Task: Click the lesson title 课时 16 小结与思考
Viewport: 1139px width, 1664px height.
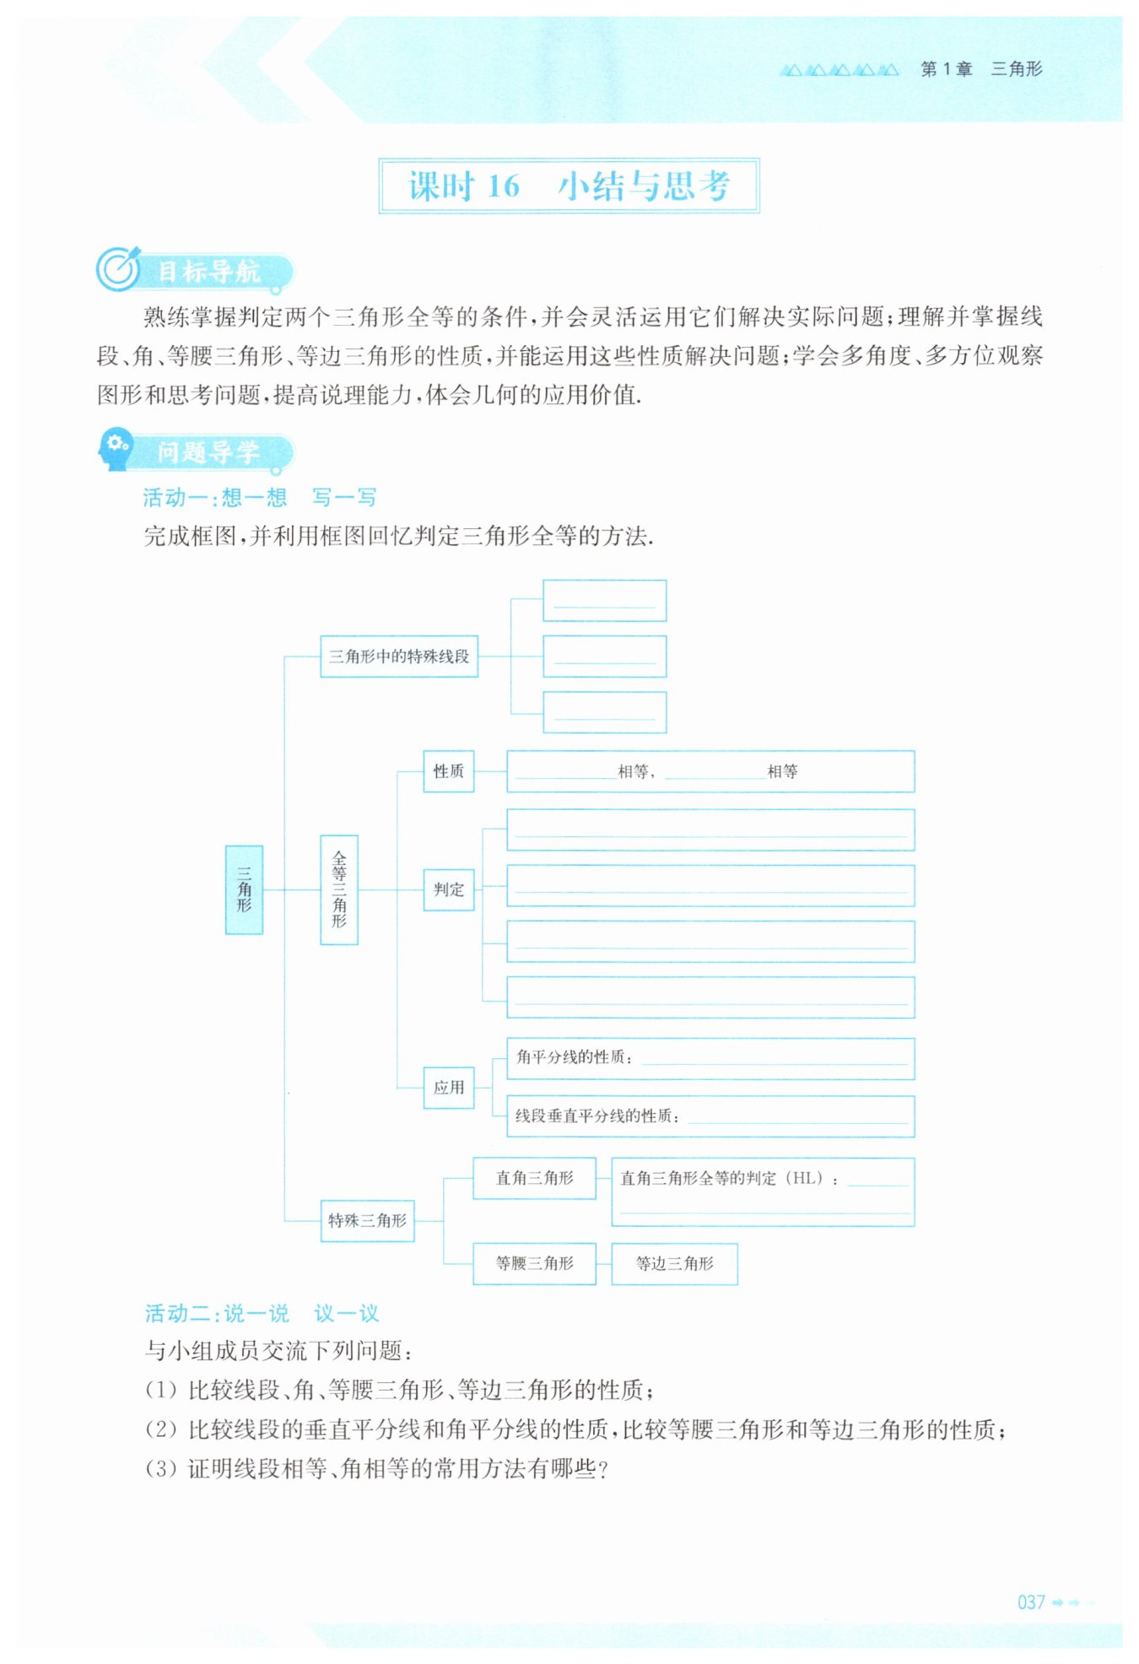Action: click(569, 186)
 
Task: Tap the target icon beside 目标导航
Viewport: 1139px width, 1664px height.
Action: click(117, 269)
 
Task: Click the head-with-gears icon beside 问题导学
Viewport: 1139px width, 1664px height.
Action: click(116, 449)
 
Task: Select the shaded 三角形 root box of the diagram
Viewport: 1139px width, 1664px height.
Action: click(244, 889)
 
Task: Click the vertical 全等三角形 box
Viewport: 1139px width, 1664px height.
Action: click(339, 889)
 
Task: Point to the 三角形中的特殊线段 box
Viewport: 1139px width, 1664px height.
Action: click(399, 656)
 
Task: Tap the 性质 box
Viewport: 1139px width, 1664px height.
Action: click(448, 771)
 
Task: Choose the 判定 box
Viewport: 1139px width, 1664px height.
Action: click(448, 889)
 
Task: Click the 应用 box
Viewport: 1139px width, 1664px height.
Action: click(448, 1088)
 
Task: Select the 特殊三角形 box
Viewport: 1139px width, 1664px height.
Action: click(367, 1220)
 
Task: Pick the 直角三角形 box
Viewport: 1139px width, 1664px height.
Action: click(534, 1178)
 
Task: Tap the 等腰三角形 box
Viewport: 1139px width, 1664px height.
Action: click(534, 1263)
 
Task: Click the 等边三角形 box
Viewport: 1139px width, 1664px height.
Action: click(674, 1263)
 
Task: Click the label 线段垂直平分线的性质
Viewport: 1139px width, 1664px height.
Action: click(596, 1116)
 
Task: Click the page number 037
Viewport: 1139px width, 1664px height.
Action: click(1031, 1602)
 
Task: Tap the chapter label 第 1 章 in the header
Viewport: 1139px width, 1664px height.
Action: click(946, 69)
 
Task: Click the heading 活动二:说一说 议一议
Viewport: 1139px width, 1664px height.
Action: click(262, 1313)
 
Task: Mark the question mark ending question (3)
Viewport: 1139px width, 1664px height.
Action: click(602, 1469)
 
